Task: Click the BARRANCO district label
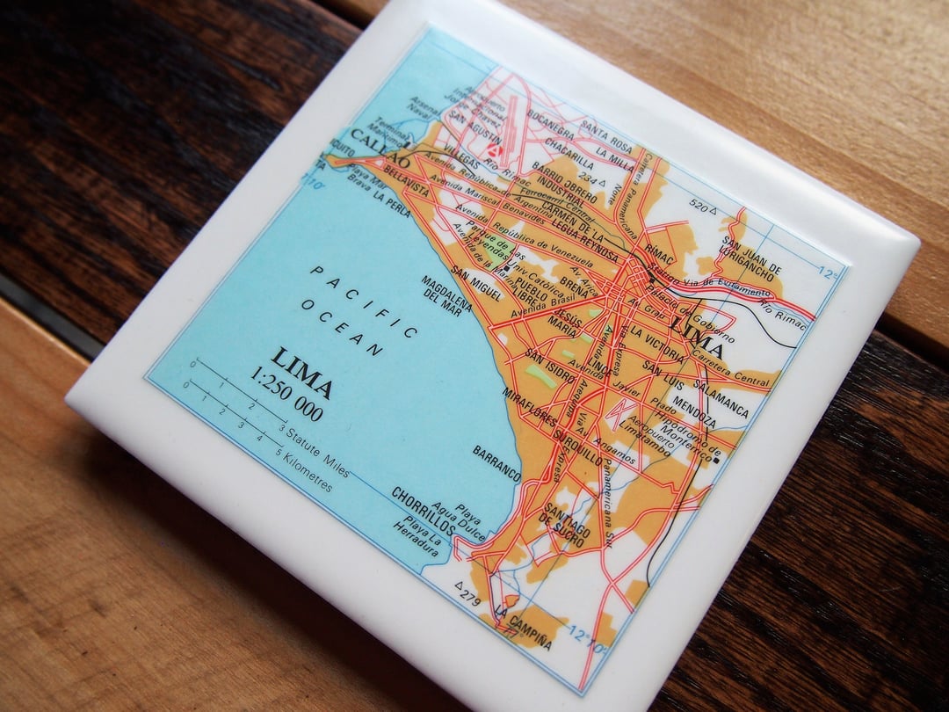(x=496, y=463)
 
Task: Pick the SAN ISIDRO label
(x=550, y=366)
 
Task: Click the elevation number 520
(x=699, y=207)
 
